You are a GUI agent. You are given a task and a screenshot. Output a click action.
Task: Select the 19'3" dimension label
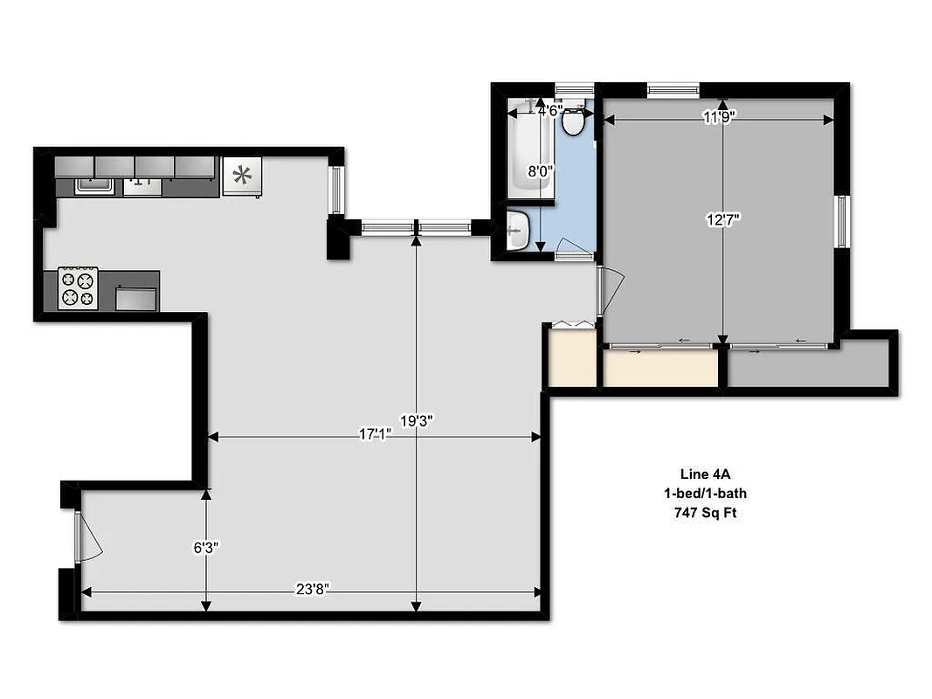[x=417, y=420]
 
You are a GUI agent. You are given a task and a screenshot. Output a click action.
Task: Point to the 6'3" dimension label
[x=206, y=548]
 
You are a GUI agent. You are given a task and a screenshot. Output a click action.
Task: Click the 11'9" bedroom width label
[x=721, y=118]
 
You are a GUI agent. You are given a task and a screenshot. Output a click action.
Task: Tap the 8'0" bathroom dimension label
[x=541, y=172]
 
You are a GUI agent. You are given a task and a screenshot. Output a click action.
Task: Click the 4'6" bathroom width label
[x=549, y=111]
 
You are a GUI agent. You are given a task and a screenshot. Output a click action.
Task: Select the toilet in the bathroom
[x=573, y=121]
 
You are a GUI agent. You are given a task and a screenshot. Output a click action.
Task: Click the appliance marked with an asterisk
[x=241, y=176]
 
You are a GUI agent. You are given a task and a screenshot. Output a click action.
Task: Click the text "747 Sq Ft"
[x=705, y=513]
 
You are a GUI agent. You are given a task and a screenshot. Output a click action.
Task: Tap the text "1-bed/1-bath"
[x=705, y=494]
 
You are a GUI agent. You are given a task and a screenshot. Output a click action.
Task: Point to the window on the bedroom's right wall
[x=841, y=221]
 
